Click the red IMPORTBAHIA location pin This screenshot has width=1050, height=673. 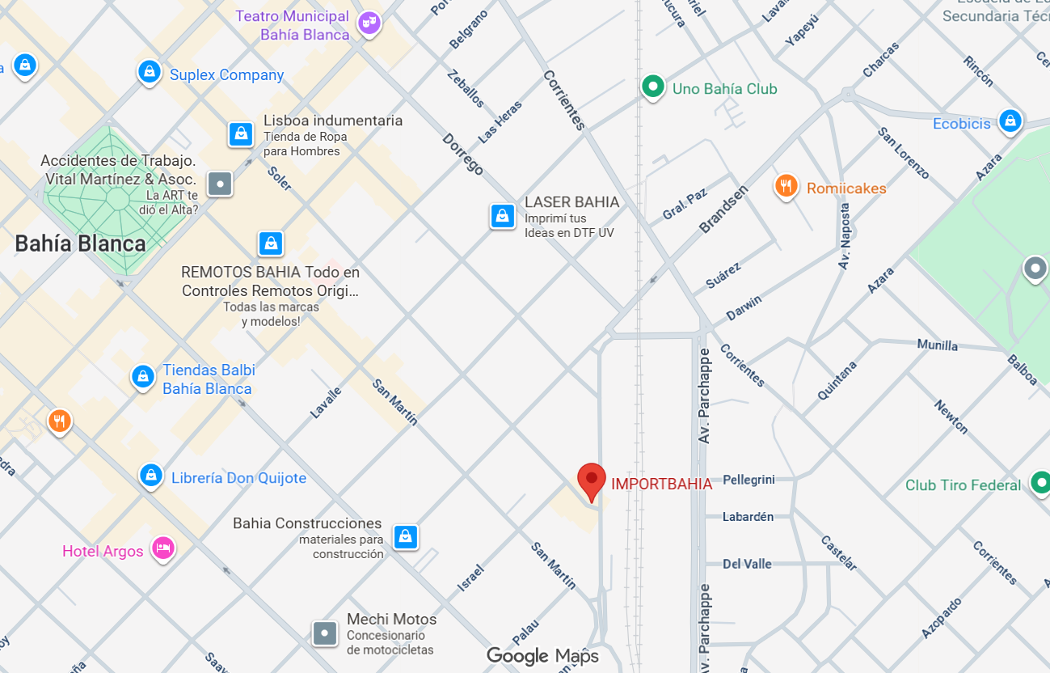point(592,480)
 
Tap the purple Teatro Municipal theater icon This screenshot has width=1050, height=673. point(369,24)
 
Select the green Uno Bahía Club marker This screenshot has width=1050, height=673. point(652,86)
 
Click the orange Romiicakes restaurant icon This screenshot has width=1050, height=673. point(786,187)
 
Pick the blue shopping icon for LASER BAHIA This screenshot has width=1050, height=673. point(502,216)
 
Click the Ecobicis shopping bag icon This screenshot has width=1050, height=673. point(1009,121)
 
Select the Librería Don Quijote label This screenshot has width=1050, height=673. point(238,478)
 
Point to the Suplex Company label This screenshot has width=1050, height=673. point(226,75)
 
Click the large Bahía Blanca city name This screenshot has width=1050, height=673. point(81,243)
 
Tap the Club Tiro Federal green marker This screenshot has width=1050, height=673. point(1039,484)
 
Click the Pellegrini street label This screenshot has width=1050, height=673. point(748,480)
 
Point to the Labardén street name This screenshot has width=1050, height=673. point(748,516)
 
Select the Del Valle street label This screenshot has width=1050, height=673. point(747,564)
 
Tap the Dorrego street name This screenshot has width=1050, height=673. point(462,154)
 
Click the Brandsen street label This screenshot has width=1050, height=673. point(723,209)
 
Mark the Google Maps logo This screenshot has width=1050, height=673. point(542,656)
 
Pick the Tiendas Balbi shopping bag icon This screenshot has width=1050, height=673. point(143,376)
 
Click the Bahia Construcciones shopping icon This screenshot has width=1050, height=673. point(405,535)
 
